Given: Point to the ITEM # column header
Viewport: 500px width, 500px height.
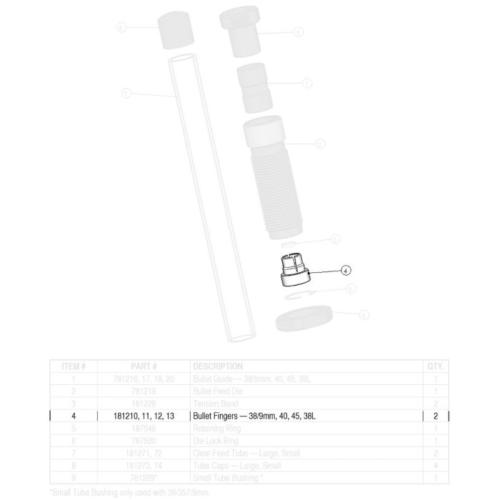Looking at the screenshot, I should pos(74,366).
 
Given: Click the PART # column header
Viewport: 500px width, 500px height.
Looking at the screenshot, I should pos(144,366).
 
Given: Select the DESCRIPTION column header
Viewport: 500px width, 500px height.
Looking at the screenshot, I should pos(218,366).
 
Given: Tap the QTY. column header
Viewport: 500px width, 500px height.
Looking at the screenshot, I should pos(434,366).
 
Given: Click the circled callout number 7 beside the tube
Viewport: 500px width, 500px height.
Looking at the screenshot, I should pos(126,94).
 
